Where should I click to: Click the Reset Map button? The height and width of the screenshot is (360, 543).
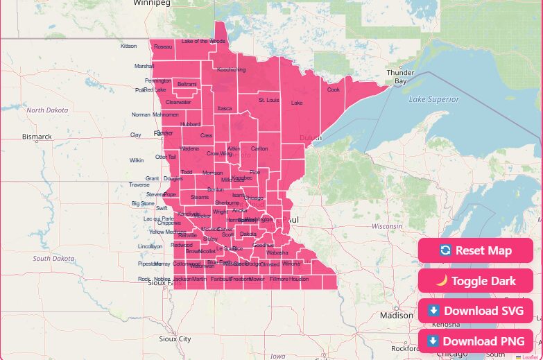tap(475, 250)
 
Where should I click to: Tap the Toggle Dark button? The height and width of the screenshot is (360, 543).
tap(475, 281)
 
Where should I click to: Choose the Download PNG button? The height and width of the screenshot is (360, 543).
tap(475, 341)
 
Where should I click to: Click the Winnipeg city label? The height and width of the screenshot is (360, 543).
tap(153, 3)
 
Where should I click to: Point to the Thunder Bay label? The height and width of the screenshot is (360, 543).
tap(400, 76)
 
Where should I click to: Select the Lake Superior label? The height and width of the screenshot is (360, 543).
tap(433, 99)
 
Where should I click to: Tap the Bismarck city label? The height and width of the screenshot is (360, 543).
tap(37, 137)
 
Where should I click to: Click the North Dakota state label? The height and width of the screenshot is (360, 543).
tap(47, 110)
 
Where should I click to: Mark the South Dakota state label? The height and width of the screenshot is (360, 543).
tap(53, 258)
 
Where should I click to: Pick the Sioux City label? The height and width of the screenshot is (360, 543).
tap(175, 339)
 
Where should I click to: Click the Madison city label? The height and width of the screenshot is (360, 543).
tap(396, 315)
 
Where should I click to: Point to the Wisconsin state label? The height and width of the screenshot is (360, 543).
tap(386, 226)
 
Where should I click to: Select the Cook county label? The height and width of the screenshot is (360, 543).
tap(334, 89)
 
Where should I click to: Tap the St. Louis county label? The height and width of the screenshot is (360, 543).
tap(268, 100)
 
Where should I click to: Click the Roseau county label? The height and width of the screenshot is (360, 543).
tap(163, 46)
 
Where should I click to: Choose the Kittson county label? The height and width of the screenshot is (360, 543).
tap(129, 46)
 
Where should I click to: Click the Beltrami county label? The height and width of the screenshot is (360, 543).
tap(187, 84)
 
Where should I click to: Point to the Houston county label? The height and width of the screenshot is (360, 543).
tap(299, 279)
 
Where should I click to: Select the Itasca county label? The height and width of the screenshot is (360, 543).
tap(225, 108)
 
